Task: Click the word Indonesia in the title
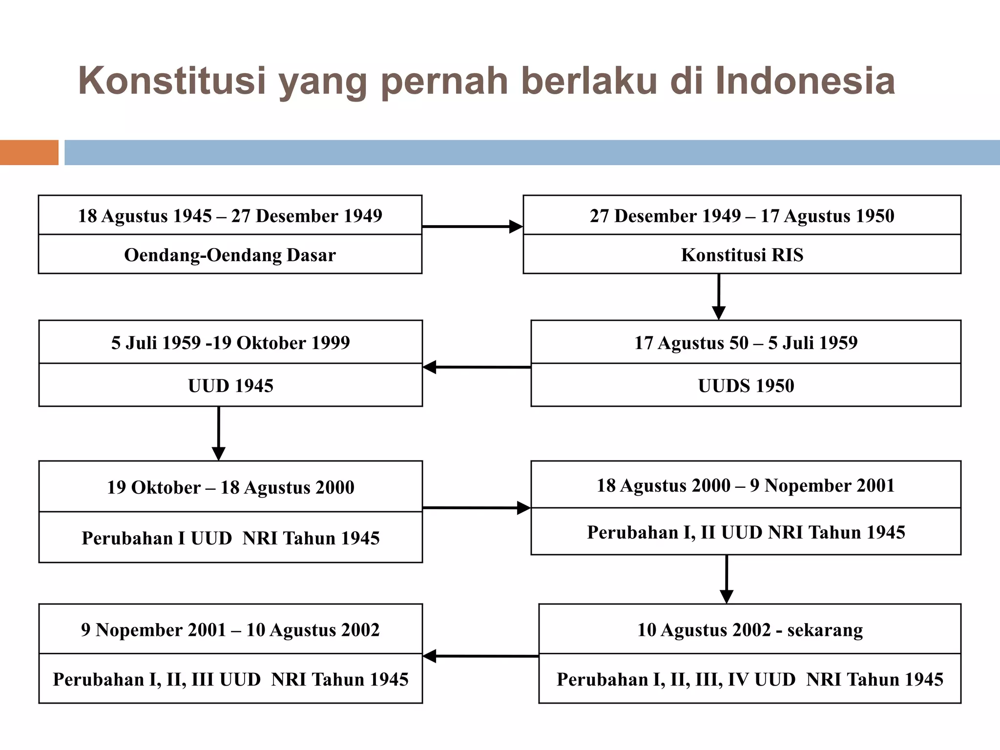tap(805, 81)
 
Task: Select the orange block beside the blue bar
tap(29, 152)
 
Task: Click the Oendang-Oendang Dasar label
tap(230, 255)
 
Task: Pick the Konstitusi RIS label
tap(742, 255)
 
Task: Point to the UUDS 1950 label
tap(746, 386)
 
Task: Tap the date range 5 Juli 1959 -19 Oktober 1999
tap(230, 343)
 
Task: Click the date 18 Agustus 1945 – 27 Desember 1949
tap(230, 216)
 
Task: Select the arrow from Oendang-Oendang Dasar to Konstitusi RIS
tap(472, 227)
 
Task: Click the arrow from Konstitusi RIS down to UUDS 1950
tap(718, 296)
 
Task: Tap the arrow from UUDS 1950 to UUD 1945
tap(477, 367)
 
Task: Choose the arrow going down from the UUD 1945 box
tap(219, 433)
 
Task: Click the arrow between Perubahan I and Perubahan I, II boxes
tap(477, 508)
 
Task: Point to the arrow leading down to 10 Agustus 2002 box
tap(727, 579)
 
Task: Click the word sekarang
tap(825, 630)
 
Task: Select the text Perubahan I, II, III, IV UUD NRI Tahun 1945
tap(750, 679)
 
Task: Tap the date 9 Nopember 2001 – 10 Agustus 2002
tap(230, 630)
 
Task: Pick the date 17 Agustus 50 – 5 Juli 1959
tap(746, 343)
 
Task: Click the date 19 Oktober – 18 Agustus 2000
tap(230, 487)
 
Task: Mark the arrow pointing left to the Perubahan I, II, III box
tap(480, 656)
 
